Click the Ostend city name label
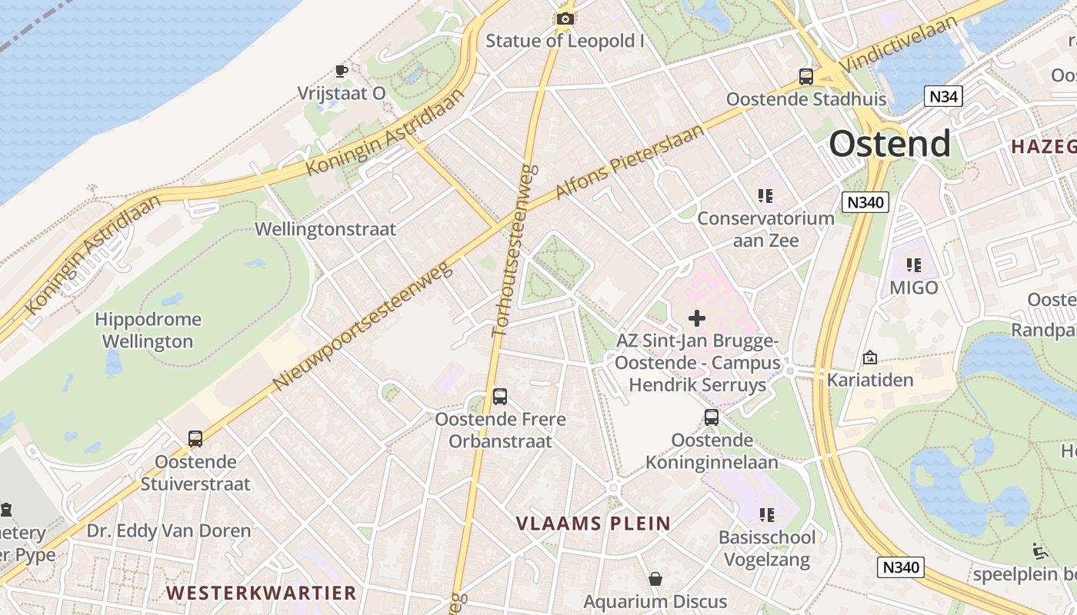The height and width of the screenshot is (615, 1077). [x=889, y=144]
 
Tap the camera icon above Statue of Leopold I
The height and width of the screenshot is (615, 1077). [x=565, y=18]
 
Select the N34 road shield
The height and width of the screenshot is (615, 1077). [x=942, y=96]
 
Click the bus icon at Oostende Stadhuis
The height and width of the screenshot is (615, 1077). [x=806, y=77]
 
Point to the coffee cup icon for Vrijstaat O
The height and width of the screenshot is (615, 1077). [x=341, y=71]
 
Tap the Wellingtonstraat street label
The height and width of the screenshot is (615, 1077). [x=325, y=229]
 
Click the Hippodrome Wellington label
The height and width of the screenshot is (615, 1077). [x=148, y=331]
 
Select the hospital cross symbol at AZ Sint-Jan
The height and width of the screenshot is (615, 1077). [x=697, y=317]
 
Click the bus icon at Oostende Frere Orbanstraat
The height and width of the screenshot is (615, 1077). [x=500, y=397]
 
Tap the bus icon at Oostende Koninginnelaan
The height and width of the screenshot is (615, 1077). [x=712, y=417]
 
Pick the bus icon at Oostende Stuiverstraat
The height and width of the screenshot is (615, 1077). [x=195, y=439]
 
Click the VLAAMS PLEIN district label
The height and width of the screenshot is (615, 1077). [x=593, y=524]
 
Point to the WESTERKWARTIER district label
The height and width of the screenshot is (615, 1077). [x=262, y=593]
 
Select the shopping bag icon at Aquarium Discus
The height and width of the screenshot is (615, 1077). [x=655, y=578]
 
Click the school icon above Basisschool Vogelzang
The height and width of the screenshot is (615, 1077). [x=766, y=514]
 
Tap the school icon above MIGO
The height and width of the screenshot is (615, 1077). [x=914, y=265]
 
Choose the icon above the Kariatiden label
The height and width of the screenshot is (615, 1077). [x=870, y=357]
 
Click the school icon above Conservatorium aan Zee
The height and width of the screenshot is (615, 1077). [x=765, y=195]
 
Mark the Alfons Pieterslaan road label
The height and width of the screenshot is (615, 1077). [x=629, y=162]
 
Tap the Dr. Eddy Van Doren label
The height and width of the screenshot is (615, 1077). [x=168, y=530]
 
